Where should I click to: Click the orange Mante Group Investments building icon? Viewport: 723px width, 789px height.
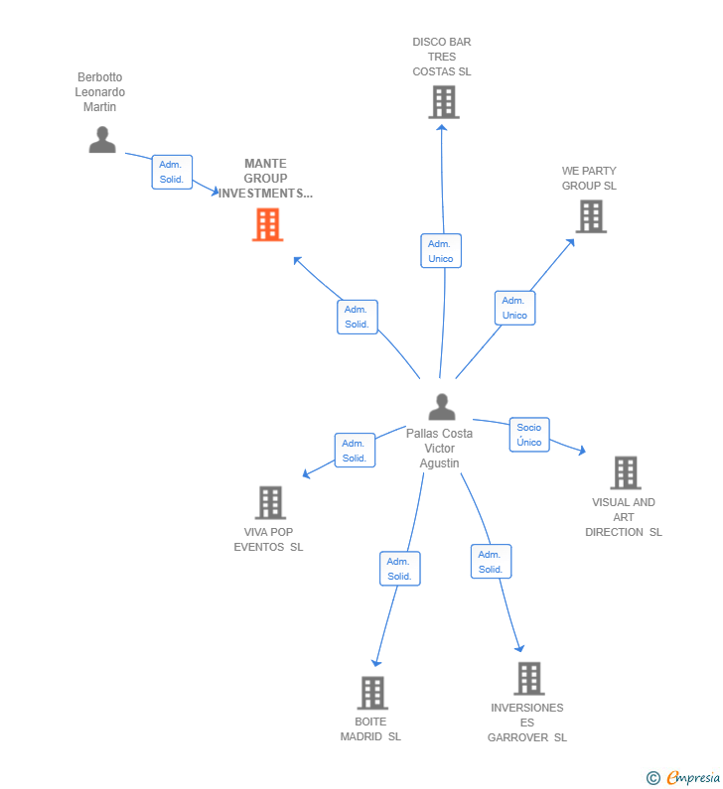267,225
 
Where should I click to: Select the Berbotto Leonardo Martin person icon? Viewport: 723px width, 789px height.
102,140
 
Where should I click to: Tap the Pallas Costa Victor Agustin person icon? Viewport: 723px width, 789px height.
442,407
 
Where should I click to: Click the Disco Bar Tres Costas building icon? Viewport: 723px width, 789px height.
443,102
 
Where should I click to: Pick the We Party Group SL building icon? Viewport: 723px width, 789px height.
590,216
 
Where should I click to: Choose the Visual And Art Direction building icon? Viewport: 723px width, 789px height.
625,473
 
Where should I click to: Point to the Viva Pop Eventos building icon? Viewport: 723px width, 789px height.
270,503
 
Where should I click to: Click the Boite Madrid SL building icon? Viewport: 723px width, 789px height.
371,693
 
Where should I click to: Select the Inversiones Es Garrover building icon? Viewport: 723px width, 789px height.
528,679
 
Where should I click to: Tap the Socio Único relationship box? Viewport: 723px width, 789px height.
529,435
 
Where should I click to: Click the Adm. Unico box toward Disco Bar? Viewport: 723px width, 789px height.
441,251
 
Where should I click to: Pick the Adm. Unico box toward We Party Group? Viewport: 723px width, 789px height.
514,308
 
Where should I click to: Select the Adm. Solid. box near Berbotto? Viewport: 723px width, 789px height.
172,172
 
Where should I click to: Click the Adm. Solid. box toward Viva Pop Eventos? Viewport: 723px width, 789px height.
355,451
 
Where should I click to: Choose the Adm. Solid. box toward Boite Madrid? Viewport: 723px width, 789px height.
399,569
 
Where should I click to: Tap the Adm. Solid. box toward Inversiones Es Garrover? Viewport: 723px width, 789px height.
491,562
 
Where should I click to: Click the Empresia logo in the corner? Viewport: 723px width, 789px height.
683,778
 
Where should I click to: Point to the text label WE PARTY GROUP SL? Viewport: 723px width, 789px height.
589,179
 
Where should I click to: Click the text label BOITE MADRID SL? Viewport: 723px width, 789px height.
370,729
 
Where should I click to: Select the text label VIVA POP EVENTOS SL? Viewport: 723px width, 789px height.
269,540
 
